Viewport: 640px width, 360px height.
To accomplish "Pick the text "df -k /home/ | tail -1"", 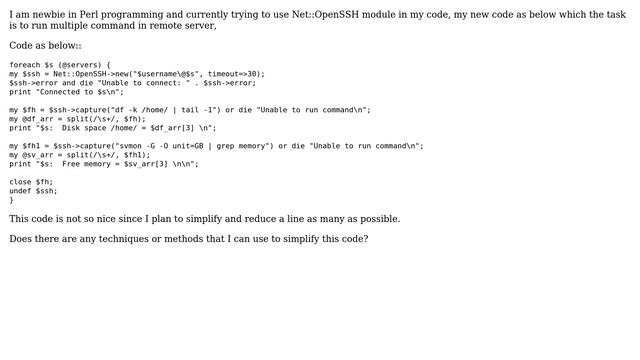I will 151,109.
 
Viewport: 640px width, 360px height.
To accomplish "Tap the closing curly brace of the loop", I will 11,200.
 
